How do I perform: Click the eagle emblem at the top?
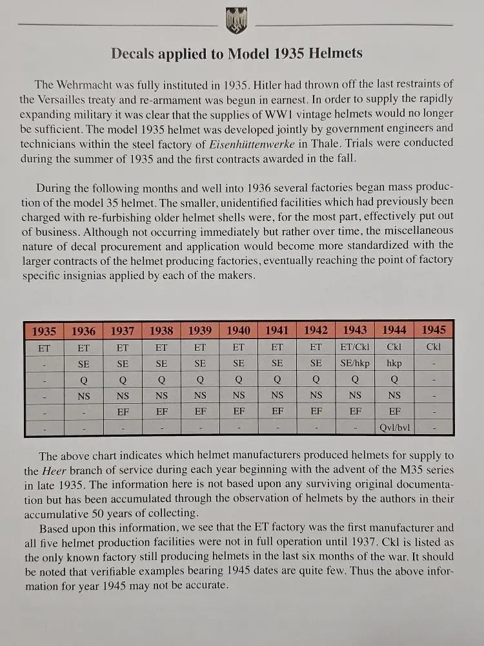(x=236, y=21)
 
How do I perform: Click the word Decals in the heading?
(x=133, y=54)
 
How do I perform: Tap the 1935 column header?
(x=44, y=331)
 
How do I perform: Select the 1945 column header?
(x=433, y=330)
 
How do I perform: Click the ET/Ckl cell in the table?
(x=355, y=347)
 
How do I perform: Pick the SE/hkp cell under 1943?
(x=355, y=363)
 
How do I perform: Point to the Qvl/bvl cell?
(x=394, y=427)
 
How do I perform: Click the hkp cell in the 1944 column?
(x=394, y=363)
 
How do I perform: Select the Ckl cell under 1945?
(x=433, y=347)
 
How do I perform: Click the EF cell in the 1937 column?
(x=122, y=412)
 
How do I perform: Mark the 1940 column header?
(x=238, y=331)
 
